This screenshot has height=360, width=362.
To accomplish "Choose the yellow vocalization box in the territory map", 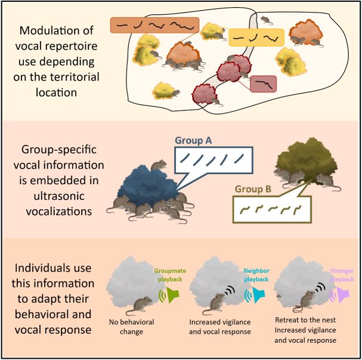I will click(254, 38).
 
